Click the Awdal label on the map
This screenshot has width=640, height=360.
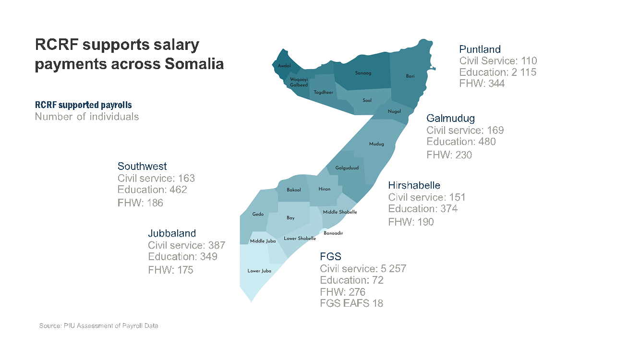[x=284, y=66]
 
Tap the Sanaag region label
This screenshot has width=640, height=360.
[x=363, y=73]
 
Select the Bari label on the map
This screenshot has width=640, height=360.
[x=410, y=76]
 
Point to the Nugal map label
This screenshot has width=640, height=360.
[x=394, y=111]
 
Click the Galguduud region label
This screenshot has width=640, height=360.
[x=347, y=168]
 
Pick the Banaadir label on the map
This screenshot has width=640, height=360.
[x=333, y=233]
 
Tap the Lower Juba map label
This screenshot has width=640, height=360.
[x=259, y=271]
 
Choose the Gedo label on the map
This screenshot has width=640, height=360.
[x=258, y=214]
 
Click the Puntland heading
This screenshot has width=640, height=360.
[x=480, y=49]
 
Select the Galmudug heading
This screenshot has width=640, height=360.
[x=450, y=118]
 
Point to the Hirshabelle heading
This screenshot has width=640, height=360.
[x=414, y=185]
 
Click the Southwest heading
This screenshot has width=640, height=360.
[x=142, y=166]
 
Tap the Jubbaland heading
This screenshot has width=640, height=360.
[x=172, y=233]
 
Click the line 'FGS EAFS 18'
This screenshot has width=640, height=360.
[x=351, y=303]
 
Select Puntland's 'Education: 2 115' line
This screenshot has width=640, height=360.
[x=498, y=72]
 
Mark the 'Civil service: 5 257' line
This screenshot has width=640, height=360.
[x=363, y=269]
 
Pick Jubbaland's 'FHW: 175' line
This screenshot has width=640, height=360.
[x=170, y=270]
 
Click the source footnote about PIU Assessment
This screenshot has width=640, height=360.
[x=98, y=326]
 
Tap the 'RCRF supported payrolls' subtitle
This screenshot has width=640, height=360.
[x=83, y=105]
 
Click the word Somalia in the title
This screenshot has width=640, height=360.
[x=194, y=64]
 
